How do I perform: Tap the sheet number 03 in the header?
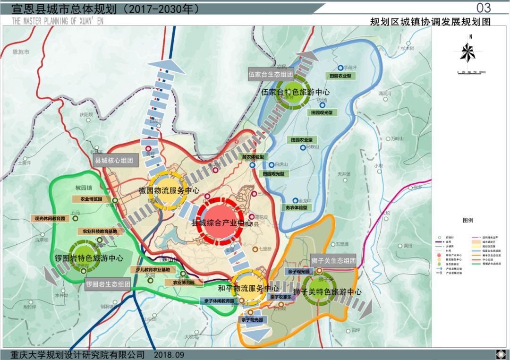[484, 8]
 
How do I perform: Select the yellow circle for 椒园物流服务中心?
[168, 190]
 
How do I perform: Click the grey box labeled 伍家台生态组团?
[271, 74]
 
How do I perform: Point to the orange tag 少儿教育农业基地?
[153, 269]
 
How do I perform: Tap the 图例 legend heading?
[467, 221]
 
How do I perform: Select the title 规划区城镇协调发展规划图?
[430, 21]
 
